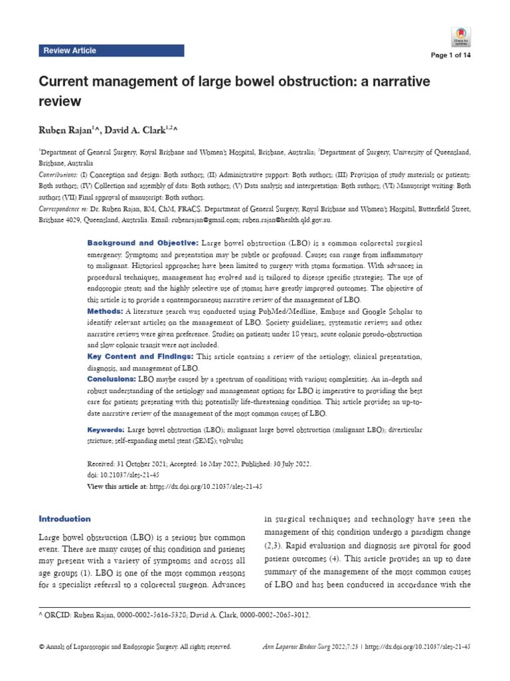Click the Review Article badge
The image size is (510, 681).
[70, 51]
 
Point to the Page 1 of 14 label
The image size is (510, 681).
[451, 55]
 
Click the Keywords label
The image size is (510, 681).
[106, 431]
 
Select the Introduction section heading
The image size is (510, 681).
[65, 519]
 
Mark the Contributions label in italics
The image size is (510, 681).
[59, 174]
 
